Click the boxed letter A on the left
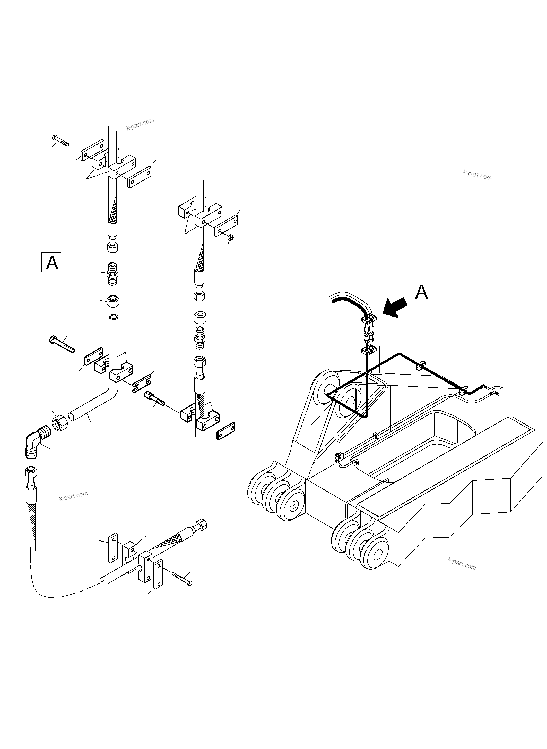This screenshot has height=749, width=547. click(51, 262)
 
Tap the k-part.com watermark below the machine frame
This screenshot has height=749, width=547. click(462, 563)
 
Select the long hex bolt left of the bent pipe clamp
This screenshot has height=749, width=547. click(62, 344)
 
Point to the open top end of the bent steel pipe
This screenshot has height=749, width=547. click(113, 317)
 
